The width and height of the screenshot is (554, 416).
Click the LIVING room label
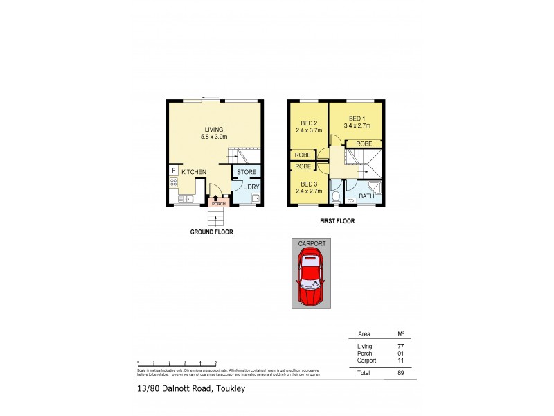pyautogui.click(x=214, y=129)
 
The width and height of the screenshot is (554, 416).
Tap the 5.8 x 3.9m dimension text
pyautogui.click(x=214, y=137)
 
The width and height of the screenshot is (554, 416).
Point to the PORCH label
pyautogui.click(x=218, y=204)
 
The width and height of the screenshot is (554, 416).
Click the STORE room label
pyautogui.click(x=247, y=171)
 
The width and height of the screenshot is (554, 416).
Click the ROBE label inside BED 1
pyautogui.click(x=364, y=144)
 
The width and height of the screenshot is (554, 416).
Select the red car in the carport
pyautogui.click(x=310, y=279)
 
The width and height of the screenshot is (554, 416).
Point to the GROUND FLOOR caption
pyautogui.click(x=211, y=232)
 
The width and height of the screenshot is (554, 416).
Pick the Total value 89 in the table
pyautogui.click(x=400, y=373)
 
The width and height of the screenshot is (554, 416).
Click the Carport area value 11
pyautogui.click(x=400, y=361)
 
